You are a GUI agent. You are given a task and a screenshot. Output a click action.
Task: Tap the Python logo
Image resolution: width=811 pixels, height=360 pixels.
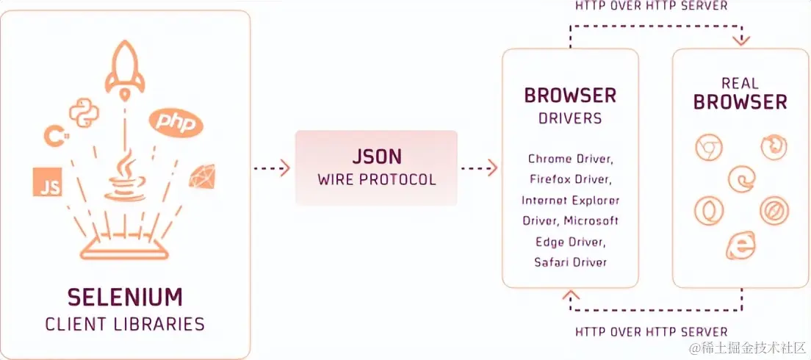[84, 112]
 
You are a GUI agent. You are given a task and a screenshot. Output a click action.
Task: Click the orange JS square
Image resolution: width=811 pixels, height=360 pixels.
[47, 182]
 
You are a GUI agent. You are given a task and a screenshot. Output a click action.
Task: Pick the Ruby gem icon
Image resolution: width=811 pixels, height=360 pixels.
[201, 177]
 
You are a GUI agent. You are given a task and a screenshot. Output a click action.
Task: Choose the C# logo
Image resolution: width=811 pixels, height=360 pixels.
[53, 136]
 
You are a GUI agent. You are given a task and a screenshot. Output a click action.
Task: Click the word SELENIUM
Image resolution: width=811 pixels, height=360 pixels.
[125, 298]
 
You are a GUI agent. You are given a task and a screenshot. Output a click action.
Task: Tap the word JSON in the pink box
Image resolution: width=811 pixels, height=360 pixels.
[376, 157]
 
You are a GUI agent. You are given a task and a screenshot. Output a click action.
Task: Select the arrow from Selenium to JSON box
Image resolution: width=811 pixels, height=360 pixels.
[272, 168]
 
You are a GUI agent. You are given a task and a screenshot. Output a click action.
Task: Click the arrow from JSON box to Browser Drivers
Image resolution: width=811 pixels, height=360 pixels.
[479, 168]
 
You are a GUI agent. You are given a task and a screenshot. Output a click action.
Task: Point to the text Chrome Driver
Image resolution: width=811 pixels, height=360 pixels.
[570, 159]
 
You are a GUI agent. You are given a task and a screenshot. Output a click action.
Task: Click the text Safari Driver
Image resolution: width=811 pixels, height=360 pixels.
[570, 262]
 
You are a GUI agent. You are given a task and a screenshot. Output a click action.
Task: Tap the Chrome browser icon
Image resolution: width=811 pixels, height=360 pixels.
[709, 148]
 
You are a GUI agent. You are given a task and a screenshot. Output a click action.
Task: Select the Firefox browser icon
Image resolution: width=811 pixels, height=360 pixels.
[774, 148]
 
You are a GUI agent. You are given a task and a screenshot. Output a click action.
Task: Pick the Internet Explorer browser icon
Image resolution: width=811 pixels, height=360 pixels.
[740, 245]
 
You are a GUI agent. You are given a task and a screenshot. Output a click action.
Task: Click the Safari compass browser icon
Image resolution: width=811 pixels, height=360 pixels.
[774, 211]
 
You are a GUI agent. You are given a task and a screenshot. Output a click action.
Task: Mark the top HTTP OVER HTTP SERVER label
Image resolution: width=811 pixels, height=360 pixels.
[652, 6]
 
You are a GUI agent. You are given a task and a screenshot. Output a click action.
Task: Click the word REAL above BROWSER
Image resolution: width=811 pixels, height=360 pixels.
[740, 82]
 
